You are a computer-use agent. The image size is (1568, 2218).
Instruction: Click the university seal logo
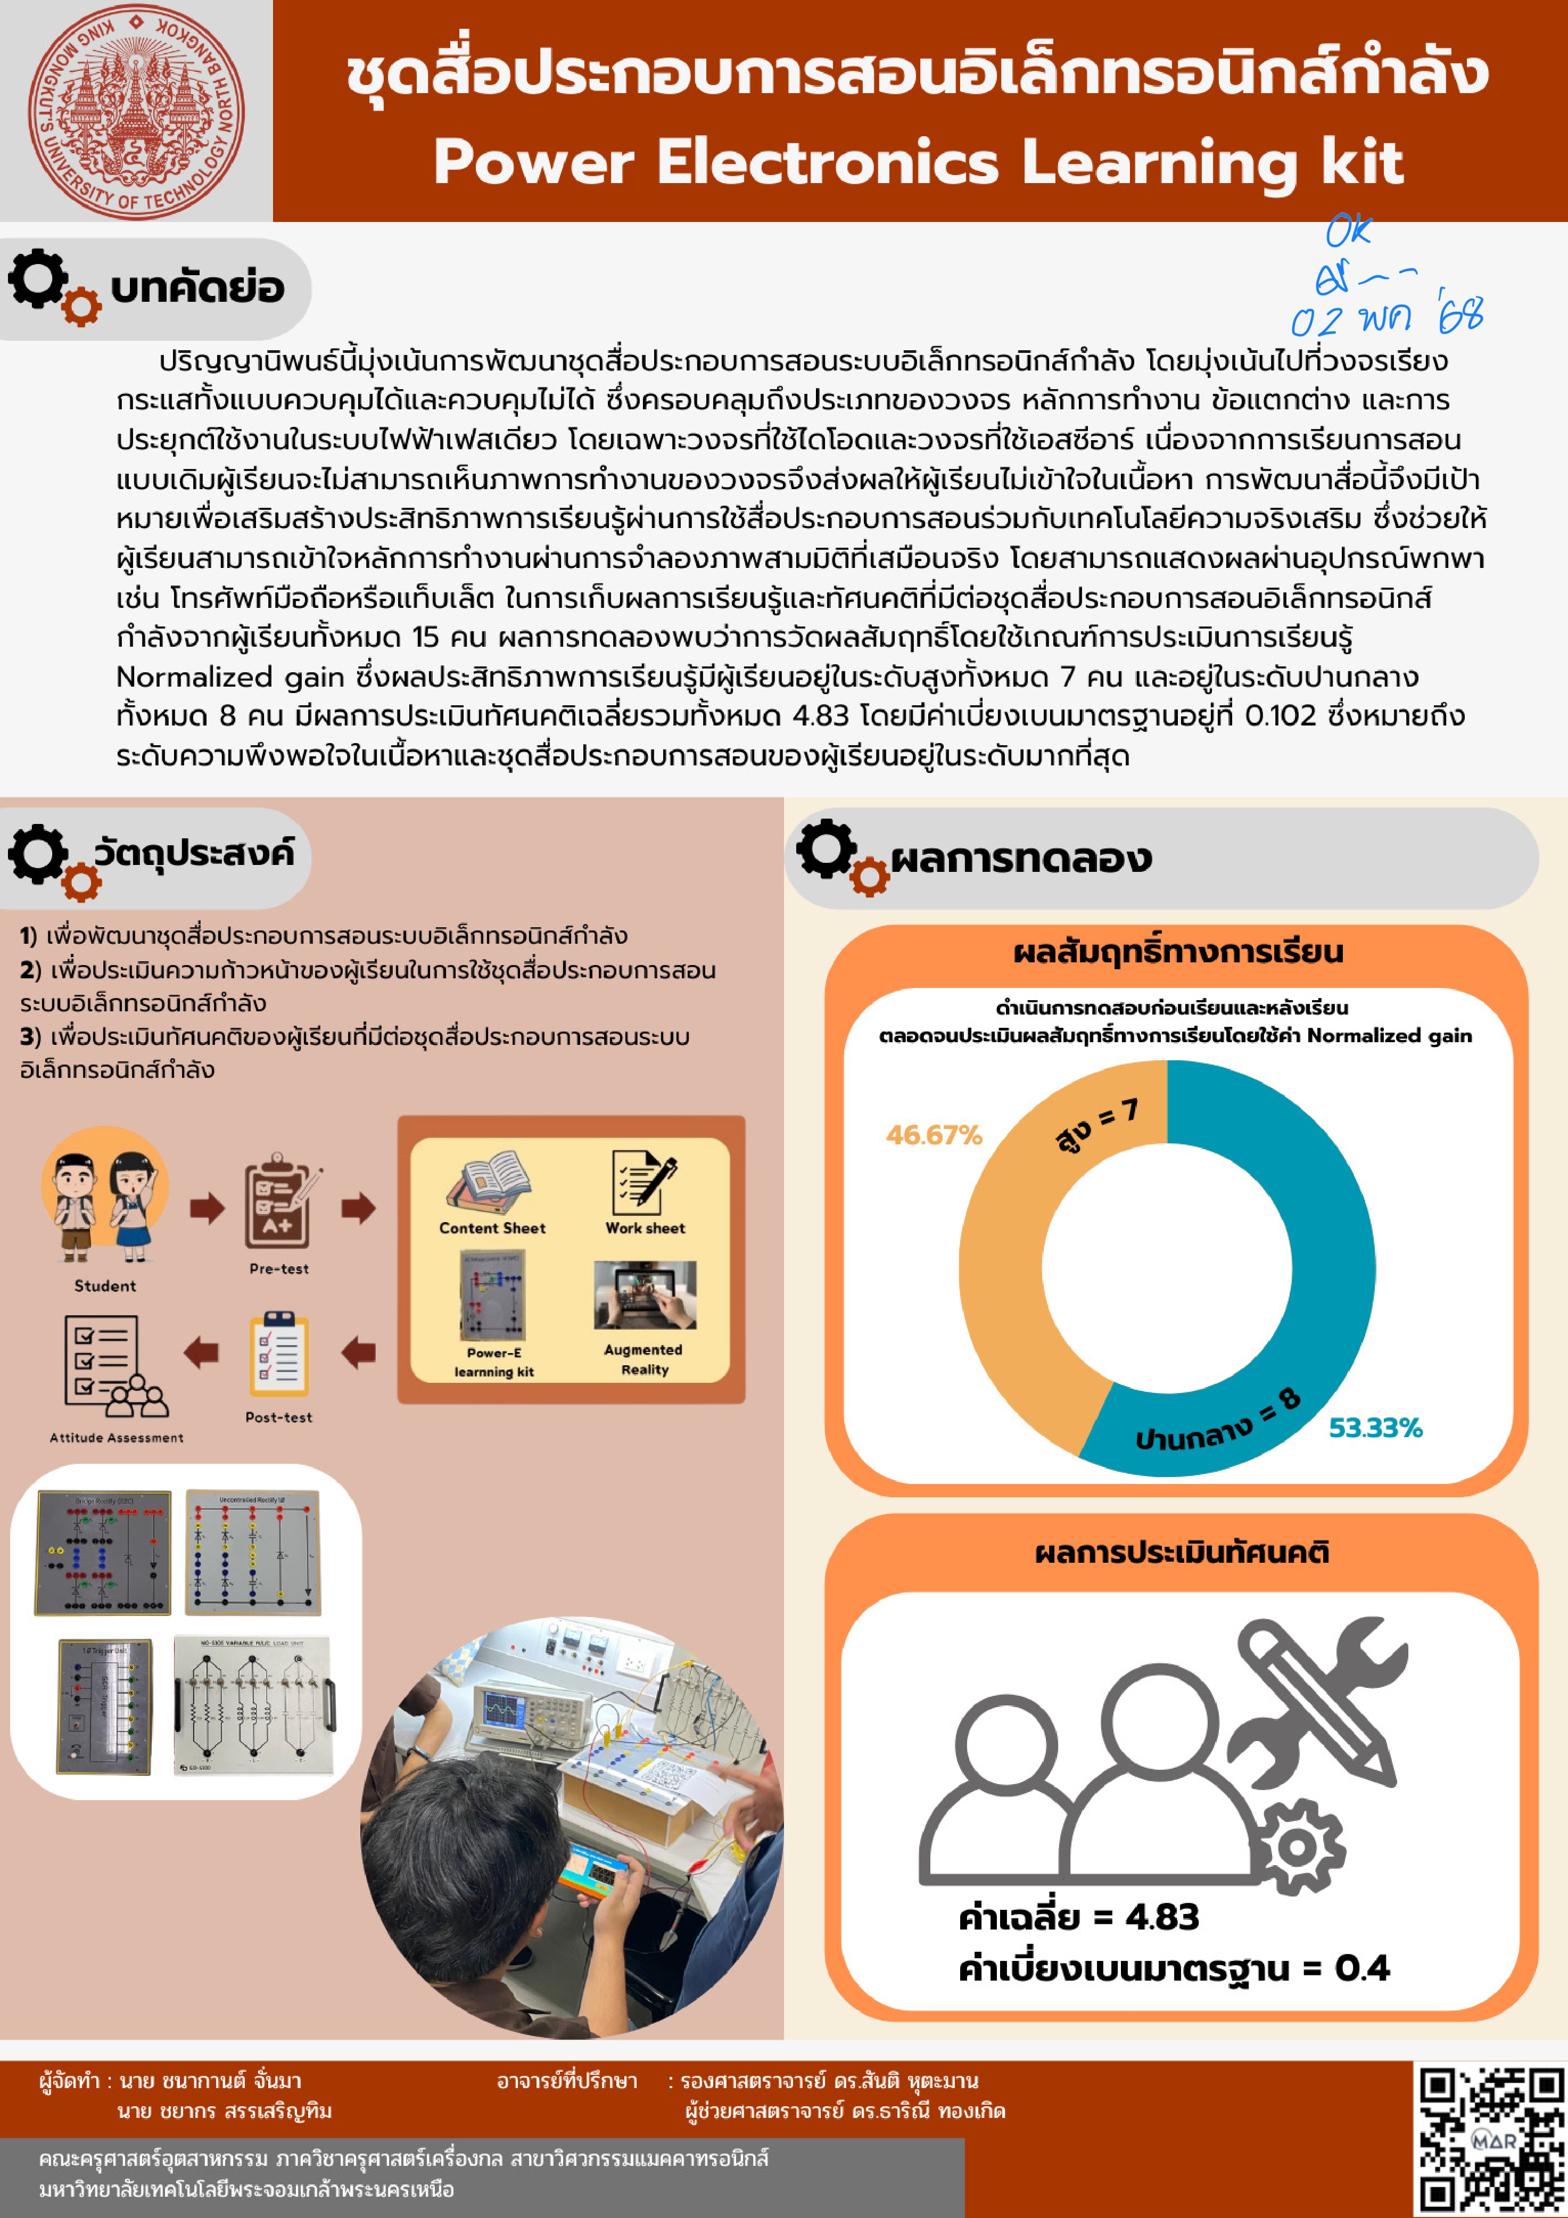click(136, 111)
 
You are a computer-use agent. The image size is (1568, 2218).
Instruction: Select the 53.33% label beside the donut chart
click(1375, 1428)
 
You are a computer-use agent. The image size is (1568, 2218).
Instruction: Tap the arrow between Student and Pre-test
click(207, 1208)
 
